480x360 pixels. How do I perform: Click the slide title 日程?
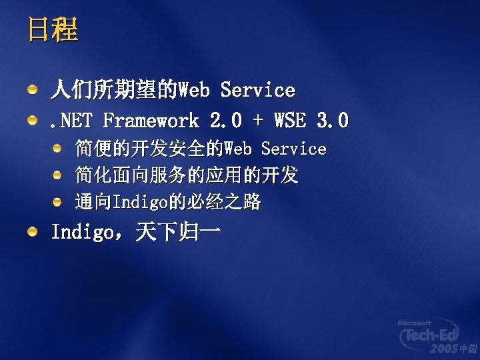pos(53,29)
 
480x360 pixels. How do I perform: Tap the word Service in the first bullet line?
pos(257,89)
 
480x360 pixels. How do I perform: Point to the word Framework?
pos(151,121)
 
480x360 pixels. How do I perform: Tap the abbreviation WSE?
pos(290,121)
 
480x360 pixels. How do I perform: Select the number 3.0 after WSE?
pos(333,121)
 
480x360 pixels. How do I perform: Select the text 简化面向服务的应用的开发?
pos(187,175)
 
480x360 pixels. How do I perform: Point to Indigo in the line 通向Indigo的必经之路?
pos(139,202)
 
